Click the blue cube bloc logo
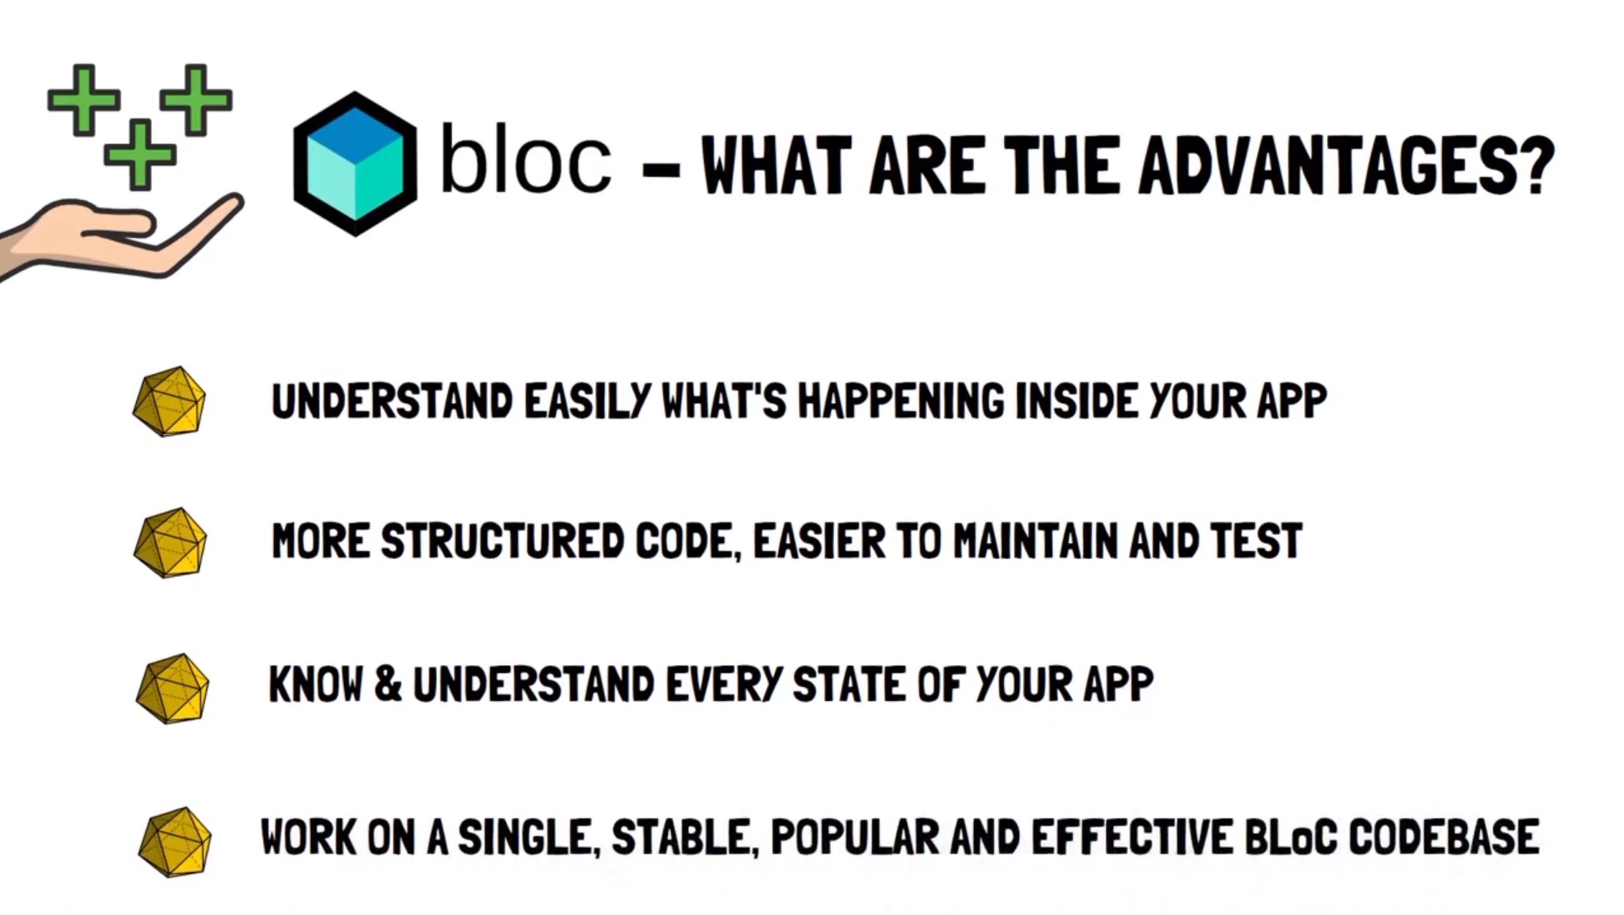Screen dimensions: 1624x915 tap(355, 164)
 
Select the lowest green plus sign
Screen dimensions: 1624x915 tap(140, 155)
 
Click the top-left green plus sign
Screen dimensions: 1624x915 tap(84, 100)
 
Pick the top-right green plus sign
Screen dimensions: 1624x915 tap(196, 100)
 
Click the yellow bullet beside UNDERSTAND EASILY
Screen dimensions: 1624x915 tap(169, 402)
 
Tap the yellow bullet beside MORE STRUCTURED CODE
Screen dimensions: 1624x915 tap(170, 543)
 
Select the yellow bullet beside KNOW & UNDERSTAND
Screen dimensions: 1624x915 tap(172, 688)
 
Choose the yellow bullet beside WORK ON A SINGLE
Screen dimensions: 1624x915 tap(174, 842)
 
